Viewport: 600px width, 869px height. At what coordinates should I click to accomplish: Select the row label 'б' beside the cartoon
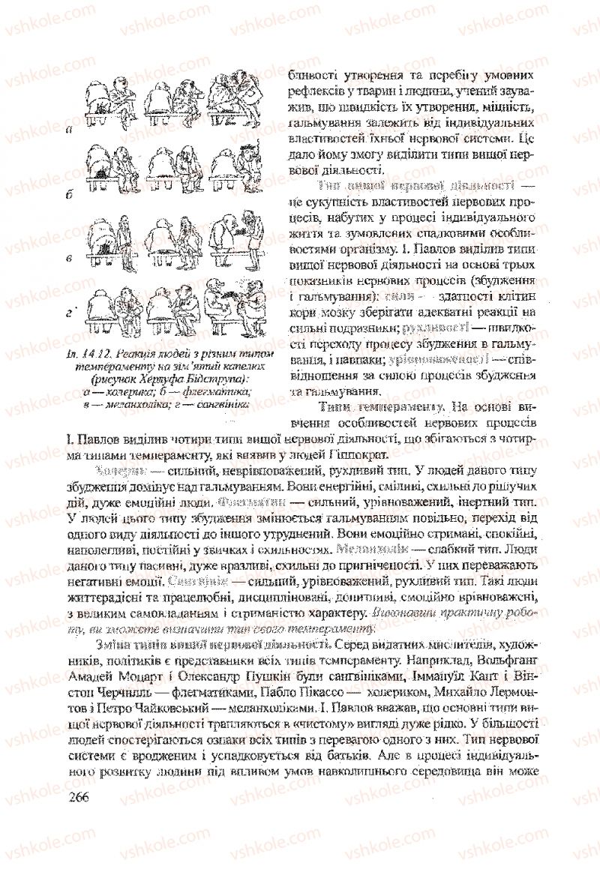tap(69, 194)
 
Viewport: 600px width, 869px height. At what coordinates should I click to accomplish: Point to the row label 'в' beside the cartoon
tap(69, 259)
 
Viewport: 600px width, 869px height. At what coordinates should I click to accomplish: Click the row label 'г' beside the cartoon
tap(69, 311)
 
